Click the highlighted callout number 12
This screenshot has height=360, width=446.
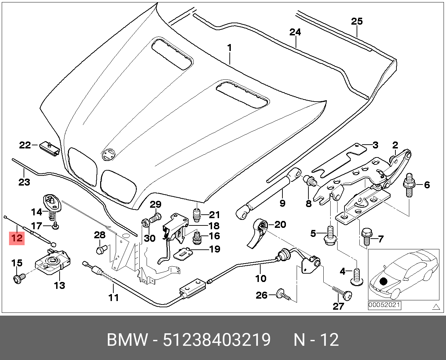coord(17,238)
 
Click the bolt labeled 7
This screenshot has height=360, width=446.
coord(366,237)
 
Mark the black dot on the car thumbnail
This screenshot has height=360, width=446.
coord(383,281)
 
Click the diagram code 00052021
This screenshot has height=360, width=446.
coord(384,305)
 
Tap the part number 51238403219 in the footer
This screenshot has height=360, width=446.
coord(217,340)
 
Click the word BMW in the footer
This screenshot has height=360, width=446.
coord(127,340)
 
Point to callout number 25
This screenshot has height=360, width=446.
coord(357,22)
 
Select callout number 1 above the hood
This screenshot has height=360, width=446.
coord(229,48)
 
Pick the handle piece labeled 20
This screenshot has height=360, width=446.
coord(259,233)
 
